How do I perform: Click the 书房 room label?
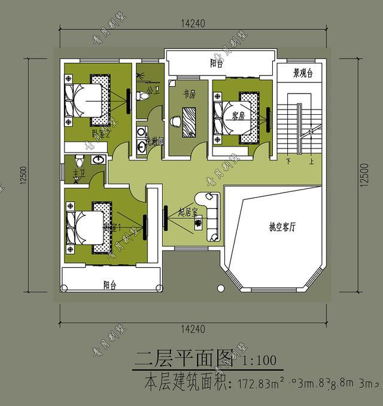click(x=189, y=94)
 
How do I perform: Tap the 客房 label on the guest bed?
click(x=238, y=117)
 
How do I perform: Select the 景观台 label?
click(x=303, y=74)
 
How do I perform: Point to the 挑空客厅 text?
click(x=282, y=227)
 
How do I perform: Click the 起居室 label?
click(x=188, y=212)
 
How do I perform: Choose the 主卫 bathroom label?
click(x=79, y=173)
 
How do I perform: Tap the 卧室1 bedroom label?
click(x=113, y=228)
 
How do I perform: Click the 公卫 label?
click(x=151, y=90)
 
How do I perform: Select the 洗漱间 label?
click(x=154, y=142)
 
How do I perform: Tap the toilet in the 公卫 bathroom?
click(x=144, y=96)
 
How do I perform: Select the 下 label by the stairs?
click(x=289, y=161)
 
